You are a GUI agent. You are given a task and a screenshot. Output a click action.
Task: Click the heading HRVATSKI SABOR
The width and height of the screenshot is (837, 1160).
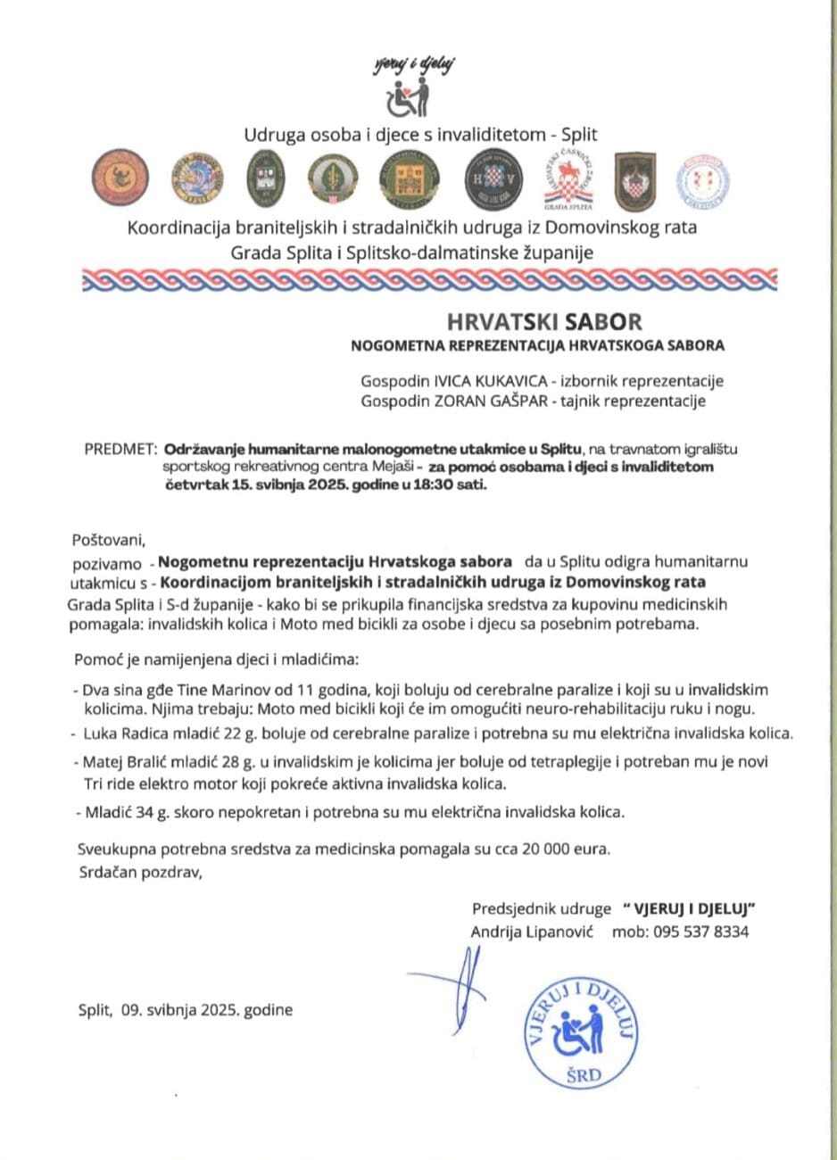click(544, 321)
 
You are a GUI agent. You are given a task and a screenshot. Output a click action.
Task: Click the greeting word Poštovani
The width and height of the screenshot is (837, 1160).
click(107, 538)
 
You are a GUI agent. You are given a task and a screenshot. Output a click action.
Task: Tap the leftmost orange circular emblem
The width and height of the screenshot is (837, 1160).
click(119, 176)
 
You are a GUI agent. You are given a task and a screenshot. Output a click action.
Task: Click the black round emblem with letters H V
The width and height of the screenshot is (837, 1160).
click(489, 177)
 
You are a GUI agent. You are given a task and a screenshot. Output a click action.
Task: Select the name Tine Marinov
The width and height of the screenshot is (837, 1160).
click(212, 690)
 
